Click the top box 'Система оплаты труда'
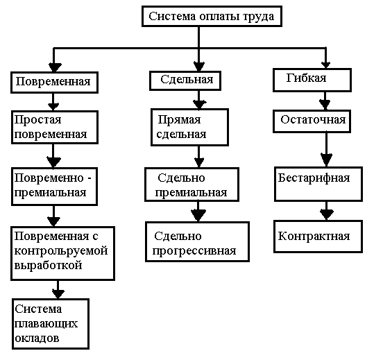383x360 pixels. [212, 17]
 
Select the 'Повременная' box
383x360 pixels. [54, 83]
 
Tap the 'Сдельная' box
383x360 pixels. [185, 80]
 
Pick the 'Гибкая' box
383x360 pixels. [312, 80]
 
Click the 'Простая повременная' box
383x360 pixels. [55, 127]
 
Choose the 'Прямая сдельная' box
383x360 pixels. [189, 127]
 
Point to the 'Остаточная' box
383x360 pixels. [312, 121]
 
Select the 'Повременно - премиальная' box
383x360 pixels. [54, 187]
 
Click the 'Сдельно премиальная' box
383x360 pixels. [191, 185]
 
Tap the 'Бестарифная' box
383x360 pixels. [318, 184]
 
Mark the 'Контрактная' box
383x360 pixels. [318, 236]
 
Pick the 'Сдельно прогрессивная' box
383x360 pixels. [197, 241]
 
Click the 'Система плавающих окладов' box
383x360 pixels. [51, 324]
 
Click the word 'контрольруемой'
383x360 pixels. [61, 251]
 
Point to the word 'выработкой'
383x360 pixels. [48, 265]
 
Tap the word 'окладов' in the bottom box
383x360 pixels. [37, 338]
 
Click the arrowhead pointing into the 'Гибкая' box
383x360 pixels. [325, 65]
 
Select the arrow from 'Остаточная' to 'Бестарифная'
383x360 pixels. [326, 149]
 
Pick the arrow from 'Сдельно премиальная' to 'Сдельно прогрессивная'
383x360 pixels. [198, 212]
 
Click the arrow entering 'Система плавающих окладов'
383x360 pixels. [58, 289]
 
